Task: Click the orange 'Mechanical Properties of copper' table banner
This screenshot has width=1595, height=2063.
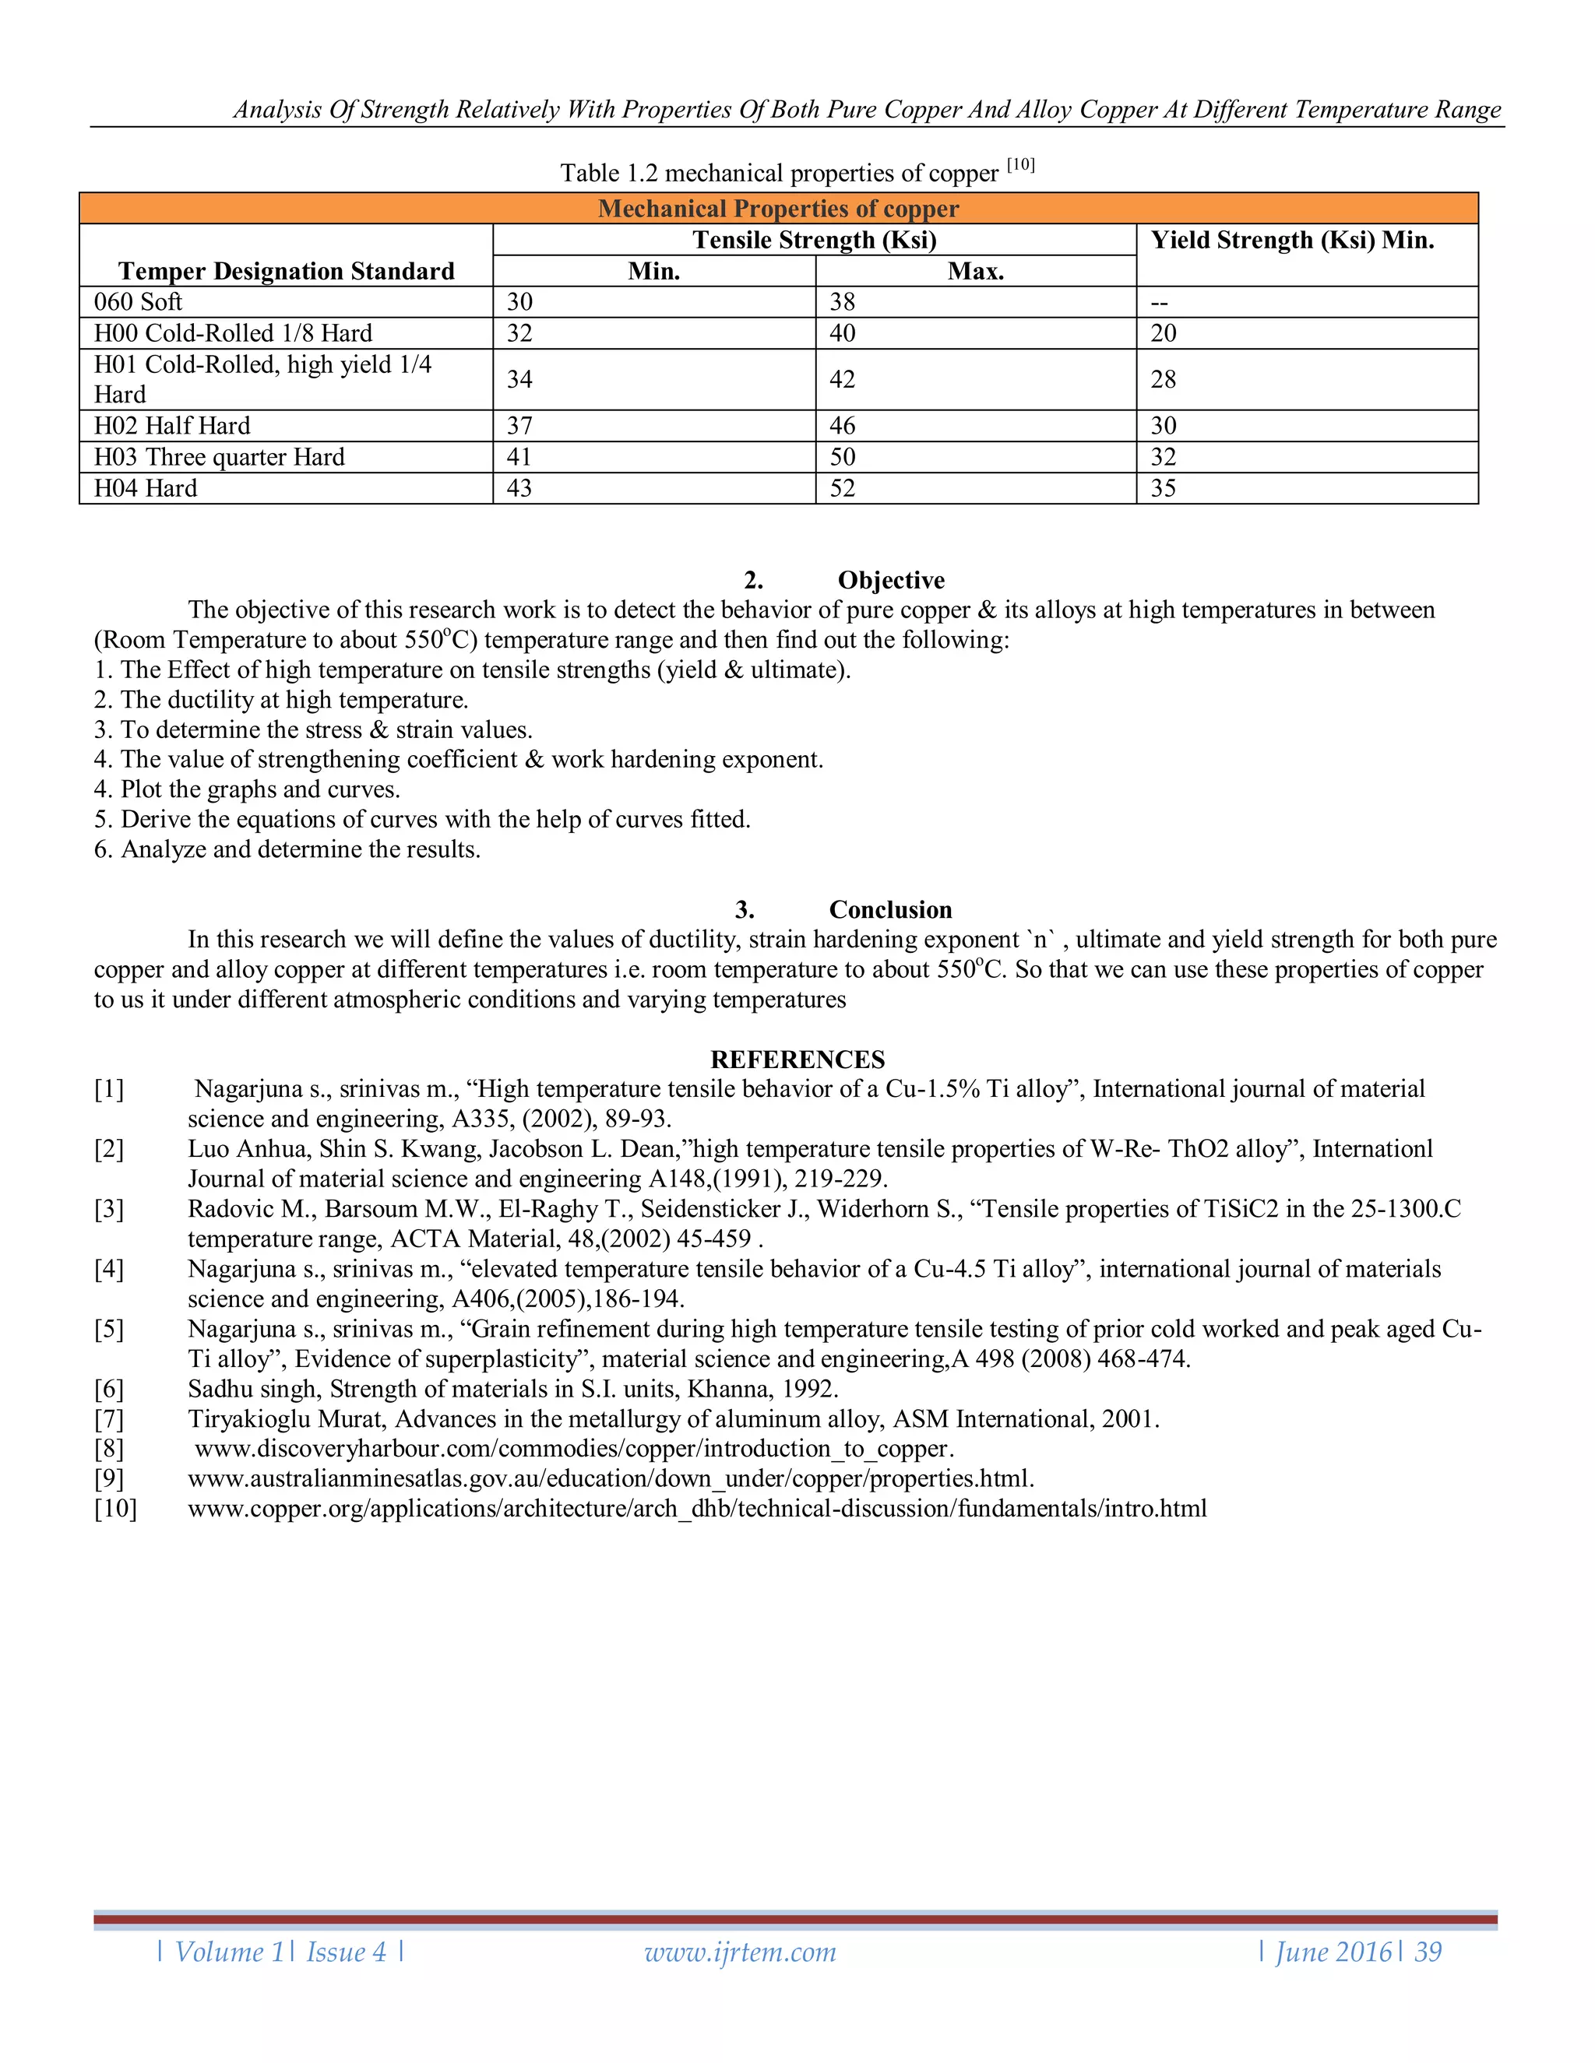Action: coord(778,209)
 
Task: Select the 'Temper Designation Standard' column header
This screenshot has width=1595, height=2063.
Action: coord(287,271)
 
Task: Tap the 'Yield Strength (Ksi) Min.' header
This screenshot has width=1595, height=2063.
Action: coord(1292,240)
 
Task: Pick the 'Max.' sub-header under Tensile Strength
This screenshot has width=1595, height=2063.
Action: coord(975,271)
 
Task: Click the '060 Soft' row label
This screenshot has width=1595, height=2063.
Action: coord(138,301)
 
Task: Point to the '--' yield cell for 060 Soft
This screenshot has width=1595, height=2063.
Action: coord(1160,302)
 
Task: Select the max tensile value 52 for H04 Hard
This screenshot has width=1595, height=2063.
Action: coord(842,488)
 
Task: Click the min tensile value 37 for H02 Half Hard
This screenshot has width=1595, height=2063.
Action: coord(519,426)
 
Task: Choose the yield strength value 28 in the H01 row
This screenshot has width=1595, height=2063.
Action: coord(1164,380)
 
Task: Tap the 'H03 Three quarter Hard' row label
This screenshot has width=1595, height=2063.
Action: coord(219,457)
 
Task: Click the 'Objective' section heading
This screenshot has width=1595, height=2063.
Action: coord(890,580)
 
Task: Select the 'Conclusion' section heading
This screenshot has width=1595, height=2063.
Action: coord(890,909)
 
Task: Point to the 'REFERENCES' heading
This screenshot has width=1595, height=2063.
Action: coord(797,1059)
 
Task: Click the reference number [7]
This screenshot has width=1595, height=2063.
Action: coord(109,1418)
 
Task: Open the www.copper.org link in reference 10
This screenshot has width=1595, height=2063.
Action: coord(696,1509)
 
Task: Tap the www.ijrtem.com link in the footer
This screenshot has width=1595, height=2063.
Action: coord(740,1952)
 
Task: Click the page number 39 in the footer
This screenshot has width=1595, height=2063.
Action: coord(1428,1952)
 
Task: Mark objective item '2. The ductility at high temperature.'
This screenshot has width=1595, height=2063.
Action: coord(282,700)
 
